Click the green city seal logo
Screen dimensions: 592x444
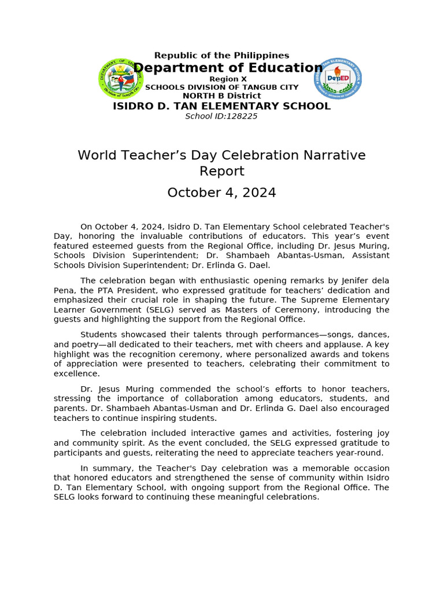pos(121,79)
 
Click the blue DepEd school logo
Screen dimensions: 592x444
pos(338,79)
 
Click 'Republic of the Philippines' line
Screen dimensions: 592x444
pos(221,55)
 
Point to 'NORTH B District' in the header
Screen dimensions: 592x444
pos(221,95)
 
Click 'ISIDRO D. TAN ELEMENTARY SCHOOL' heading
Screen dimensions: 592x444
pos(221,106)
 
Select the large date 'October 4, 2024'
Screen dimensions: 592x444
pos(221,193)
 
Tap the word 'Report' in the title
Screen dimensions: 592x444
pos(221,171)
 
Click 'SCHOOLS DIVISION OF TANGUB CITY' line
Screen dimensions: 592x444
pos(221,87)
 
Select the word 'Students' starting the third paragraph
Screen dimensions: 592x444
pos(99,335)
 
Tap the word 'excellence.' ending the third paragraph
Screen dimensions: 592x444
pos(77,373)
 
